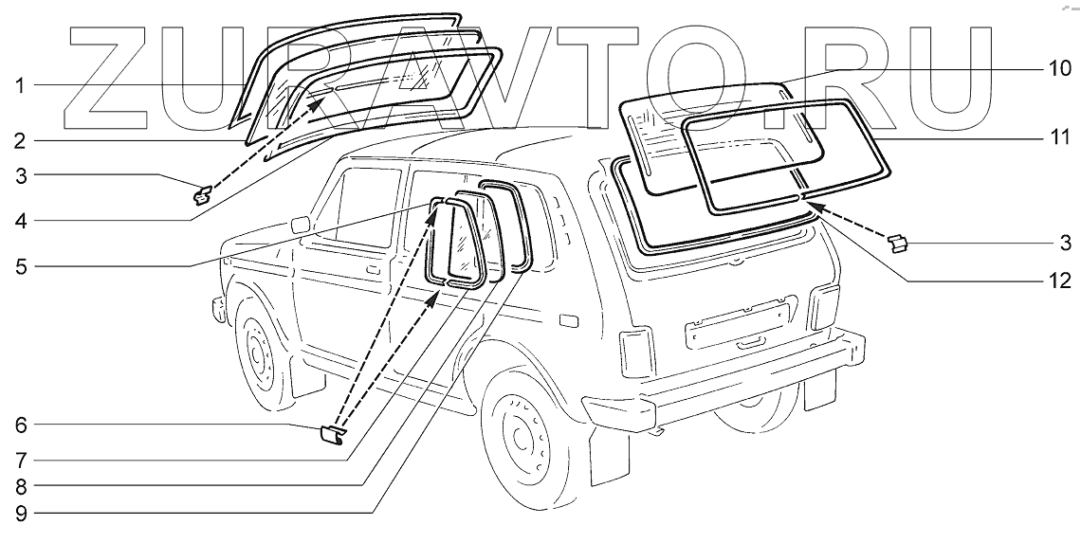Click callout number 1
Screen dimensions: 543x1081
pyautogui.click(x=18, y=86)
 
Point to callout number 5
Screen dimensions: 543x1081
pyautogui.click(x=18, y=265)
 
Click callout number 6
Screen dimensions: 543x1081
pyautogui.click(x=18, y=426)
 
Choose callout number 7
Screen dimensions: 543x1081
pyautogui.click(x=18, y=461)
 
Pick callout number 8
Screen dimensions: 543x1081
pyautogui.click(x=18, y=487)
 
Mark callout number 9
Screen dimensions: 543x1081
pyautogui.click(x=18, y=514)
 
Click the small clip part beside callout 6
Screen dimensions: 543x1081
pyautogui.click(x=331, y=435)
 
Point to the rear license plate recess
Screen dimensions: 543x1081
pyautogui.click(x=737, y=320)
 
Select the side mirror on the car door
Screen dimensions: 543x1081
pyautogui.click(x=301, y=225)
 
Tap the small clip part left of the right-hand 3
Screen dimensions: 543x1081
pyautogui.click(x=896, y=244)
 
